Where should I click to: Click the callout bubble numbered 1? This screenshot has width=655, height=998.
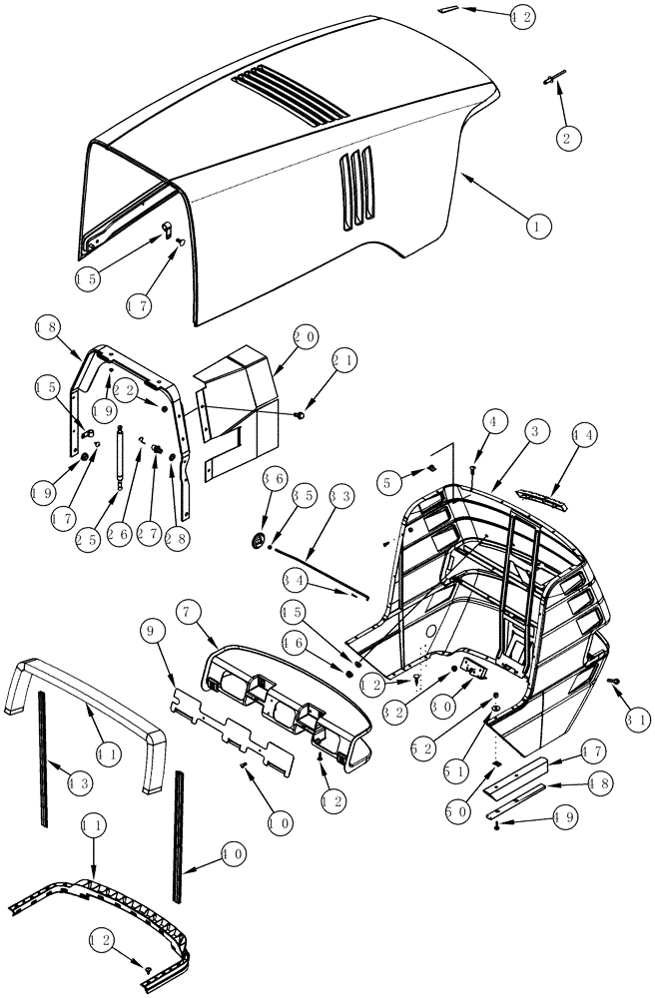pos(536,226)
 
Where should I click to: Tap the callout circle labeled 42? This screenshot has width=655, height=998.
pos(520,16)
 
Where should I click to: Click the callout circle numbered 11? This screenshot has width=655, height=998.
pos(94,824)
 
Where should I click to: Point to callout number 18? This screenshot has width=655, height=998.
pos(47,326)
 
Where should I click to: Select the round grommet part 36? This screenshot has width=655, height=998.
pos(258,541)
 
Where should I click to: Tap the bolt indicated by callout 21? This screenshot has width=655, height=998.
pos(299,414)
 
